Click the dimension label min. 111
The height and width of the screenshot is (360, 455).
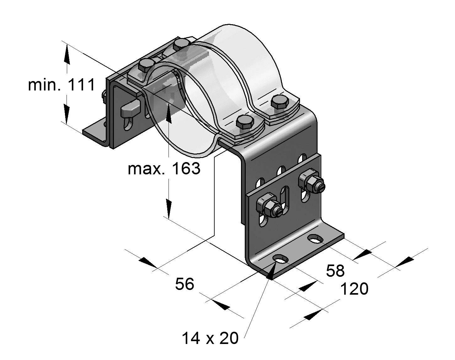(x=61, y=85)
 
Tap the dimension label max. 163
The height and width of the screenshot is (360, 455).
(x=164, y=169)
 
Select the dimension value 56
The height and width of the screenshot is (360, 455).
(x=185, y=284)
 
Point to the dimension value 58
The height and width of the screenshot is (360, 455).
(x=335, y=271)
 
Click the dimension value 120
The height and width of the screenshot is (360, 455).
(x=355, y=289)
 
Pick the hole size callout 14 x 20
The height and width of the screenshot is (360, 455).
(x=210, y=338)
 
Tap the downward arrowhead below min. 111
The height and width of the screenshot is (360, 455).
(x=67, y=114)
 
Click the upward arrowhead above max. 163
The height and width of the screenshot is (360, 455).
(x=169, y=112)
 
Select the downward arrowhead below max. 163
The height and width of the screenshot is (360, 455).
(x=169, y=209)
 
